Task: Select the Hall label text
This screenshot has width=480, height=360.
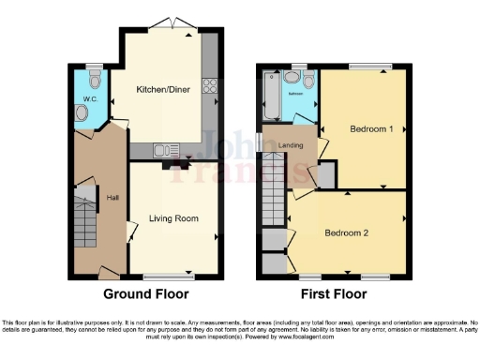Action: (x=112, y=198)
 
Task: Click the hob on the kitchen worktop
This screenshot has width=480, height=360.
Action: (x=210, y=89)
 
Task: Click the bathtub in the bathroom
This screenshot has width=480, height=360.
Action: (x=271, y=97)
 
